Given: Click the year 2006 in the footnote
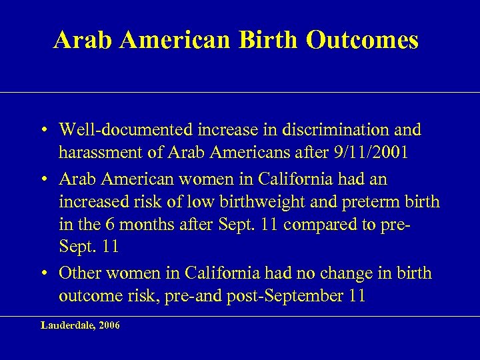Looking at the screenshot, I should pos(109,326).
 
